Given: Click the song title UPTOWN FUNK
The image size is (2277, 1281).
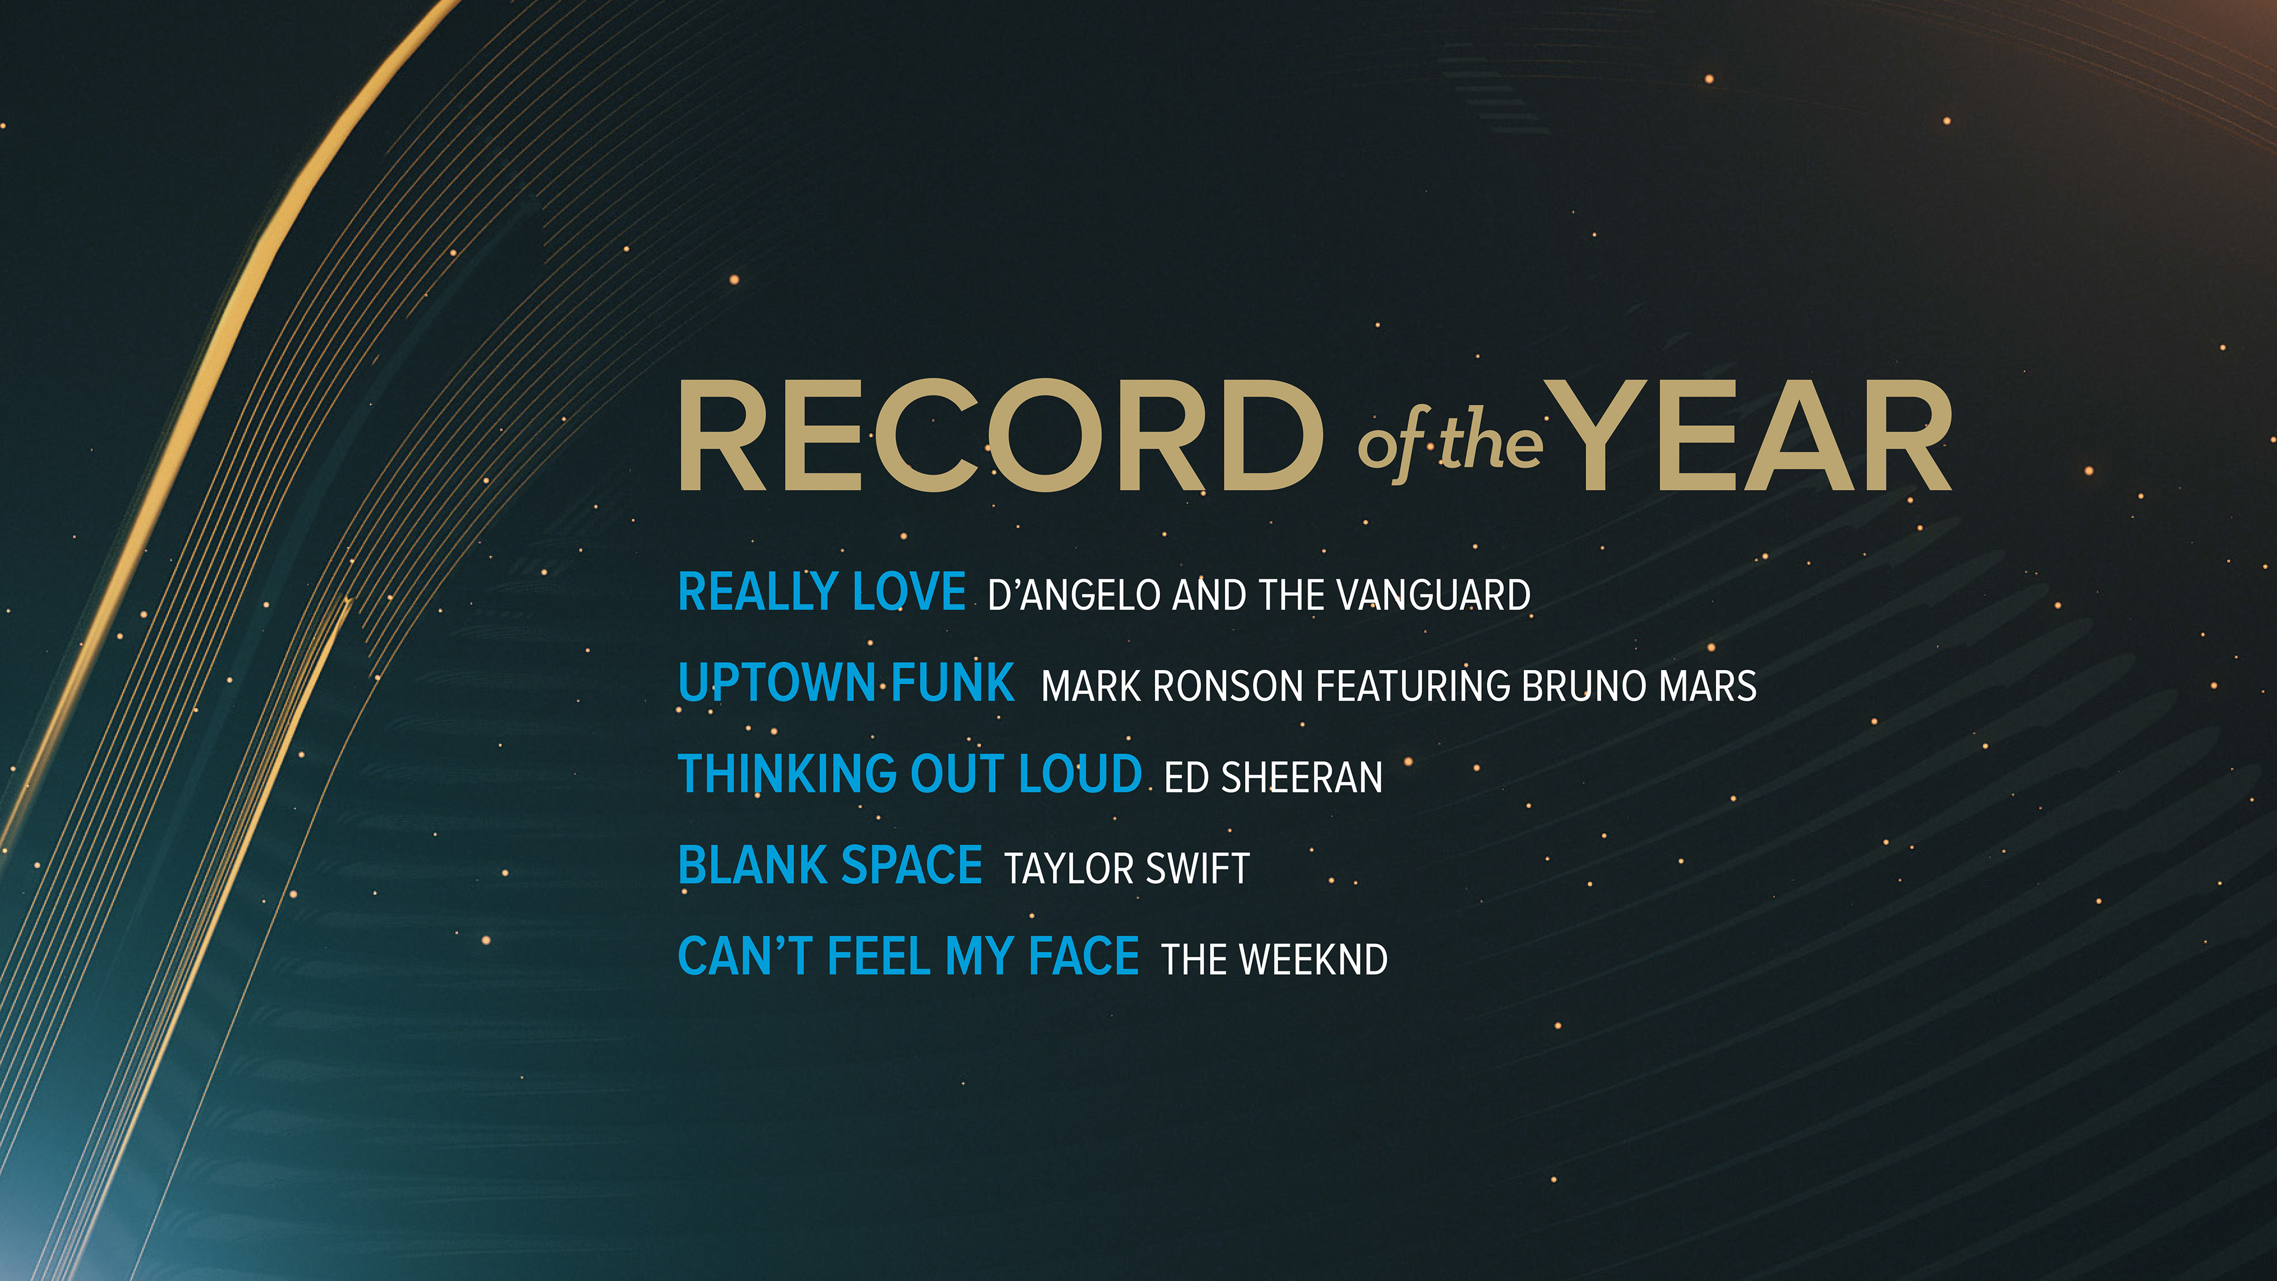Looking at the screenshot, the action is [x=846, y=683].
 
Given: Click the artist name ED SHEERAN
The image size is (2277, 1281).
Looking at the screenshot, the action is [x=1274, y=778].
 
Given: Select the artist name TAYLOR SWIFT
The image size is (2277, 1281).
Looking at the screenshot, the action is [x=1127, y=869].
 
